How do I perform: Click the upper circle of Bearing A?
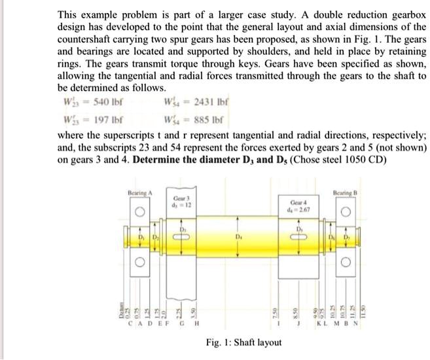point(139,213)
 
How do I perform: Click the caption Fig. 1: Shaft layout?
point(243,342)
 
